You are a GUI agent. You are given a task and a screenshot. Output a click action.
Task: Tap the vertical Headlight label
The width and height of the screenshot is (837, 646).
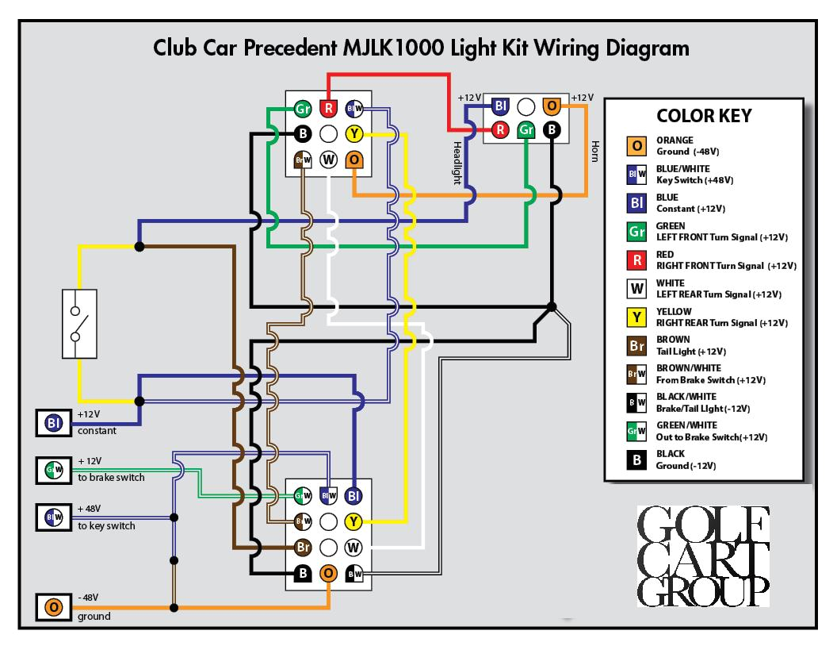coord(457,162)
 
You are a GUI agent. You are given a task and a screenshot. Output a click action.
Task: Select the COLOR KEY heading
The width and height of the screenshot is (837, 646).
coord(704,116)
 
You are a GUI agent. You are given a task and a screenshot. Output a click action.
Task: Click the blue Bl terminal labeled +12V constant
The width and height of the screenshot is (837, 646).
coord(54,423)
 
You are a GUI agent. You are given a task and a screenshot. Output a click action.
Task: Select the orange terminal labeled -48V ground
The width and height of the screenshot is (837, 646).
coord(54,608)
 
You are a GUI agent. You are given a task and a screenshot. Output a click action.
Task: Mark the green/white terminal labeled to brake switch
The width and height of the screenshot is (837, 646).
coord(54,471)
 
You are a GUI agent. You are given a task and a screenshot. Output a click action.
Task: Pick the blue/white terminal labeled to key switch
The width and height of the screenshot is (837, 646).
coord(54,518)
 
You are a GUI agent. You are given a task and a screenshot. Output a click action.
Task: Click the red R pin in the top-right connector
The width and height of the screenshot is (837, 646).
coord(500,129)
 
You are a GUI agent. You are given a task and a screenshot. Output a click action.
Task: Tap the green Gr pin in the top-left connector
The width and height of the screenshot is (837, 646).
coord(303,109)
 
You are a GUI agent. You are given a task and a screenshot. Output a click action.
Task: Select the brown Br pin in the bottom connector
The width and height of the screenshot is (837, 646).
coord(303,547)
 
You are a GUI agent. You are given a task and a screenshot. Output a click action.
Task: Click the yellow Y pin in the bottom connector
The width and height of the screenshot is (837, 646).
coord(354,521)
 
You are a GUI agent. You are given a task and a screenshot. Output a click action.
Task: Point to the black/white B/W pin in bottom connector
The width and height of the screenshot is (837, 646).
coord(355,573)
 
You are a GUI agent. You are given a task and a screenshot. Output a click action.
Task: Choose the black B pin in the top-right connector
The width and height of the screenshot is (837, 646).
coord(552,129)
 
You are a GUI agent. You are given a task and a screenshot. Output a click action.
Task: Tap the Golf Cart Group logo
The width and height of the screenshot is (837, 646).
coord(702,556)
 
